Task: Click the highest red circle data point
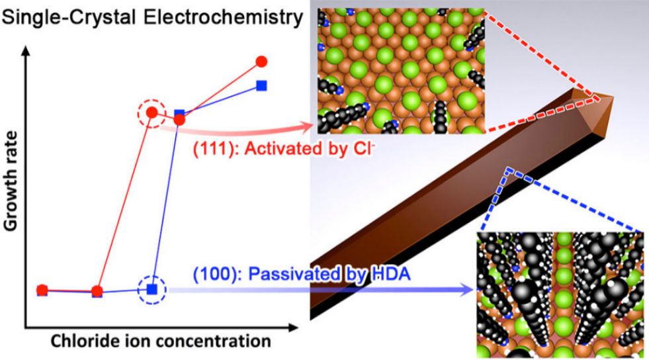[x=261, y=62]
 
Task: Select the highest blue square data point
[x=261, y=85]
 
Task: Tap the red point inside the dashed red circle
[x=152, y=112]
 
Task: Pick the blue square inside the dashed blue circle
[x=152, y=289]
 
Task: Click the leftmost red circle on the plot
[x=42, y=290]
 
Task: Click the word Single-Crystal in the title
[x=69, y=19]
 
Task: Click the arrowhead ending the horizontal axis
[x=292, y=328]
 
